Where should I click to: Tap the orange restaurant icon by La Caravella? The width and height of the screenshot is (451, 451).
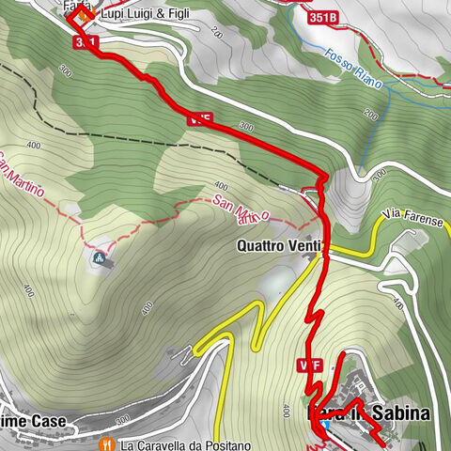tap(109, 443)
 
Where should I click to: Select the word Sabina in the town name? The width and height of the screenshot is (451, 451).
tap(400, 412)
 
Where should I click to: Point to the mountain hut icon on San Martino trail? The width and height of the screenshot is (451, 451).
tap(100, 256)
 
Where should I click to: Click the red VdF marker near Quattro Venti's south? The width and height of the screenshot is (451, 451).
tap(311, 365)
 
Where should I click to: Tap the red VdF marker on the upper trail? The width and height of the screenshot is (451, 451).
tap(198, 119)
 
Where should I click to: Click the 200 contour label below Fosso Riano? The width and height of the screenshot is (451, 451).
tap(369, 115)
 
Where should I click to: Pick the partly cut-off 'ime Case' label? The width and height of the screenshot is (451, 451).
tap(34, 422)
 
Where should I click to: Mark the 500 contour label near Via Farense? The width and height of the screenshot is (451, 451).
tap(380, 176)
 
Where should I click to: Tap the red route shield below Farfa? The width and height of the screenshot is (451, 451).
tap(85, 43)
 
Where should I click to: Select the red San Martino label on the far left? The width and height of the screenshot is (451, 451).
tap(21, 175)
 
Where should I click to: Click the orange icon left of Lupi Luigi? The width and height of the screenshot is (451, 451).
tap(85, 15)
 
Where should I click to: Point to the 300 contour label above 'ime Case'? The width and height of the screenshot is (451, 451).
tap(124, 418)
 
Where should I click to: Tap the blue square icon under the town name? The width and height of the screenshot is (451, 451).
tap(325, 424)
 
